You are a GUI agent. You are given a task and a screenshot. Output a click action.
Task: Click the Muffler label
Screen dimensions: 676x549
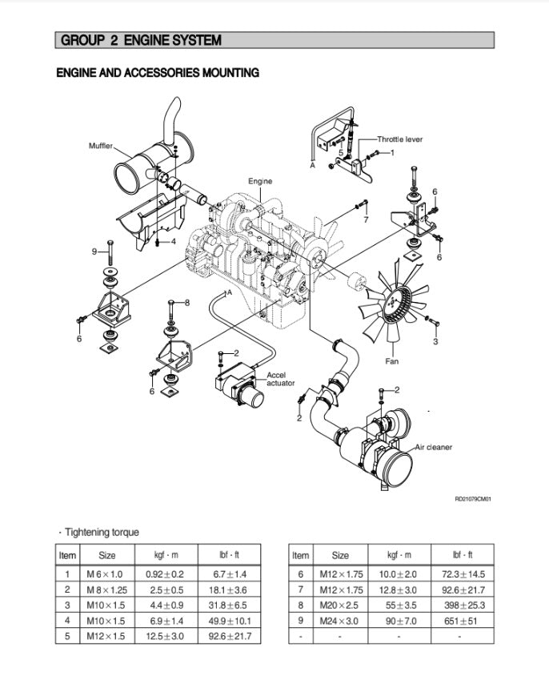click(x=101, y=146)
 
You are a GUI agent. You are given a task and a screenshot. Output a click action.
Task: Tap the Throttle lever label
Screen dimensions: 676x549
click(x=399, y=139)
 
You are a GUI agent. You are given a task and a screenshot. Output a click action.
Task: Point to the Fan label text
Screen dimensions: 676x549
click(x=392, y=361)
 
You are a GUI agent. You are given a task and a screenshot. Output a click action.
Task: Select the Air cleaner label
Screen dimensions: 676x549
click(x=433, y=447)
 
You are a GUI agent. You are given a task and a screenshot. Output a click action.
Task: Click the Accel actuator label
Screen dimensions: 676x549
click(x=281, y=379)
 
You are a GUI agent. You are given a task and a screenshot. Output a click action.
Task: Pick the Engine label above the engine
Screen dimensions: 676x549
click(x=260, y=182)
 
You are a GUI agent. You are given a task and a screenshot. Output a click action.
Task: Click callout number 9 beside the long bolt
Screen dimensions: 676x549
click(x=94, y=251)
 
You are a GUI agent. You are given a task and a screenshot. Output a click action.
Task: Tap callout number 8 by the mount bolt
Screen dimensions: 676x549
click(x=187, y=303)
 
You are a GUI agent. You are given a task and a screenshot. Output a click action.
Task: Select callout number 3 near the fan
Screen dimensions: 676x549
click(x=435, y=342)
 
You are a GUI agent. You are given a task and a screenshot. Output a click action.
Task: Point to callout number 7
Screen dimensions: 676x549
click(x=366, y=219)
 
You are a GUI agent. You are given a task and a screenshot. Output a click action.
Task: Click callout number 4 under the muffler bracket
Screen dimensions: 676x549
click(x=174, y=240)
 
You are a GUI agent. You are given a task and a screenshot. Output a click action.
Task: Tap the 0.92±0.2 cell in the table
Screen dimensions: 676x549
click(x=165, y=574)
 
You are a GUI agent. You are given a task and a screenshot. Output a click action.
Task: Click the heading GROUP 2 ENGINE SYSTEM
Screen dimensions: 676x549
click(x=141, y=40)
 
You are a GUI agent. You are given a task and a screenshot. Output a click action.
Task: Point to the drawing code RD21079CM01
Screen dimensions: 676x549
click(x=472, y=499)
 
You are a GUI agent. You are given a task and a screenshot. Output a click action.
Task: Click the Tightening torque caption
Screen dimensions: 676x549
click(x=100, y=532)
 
